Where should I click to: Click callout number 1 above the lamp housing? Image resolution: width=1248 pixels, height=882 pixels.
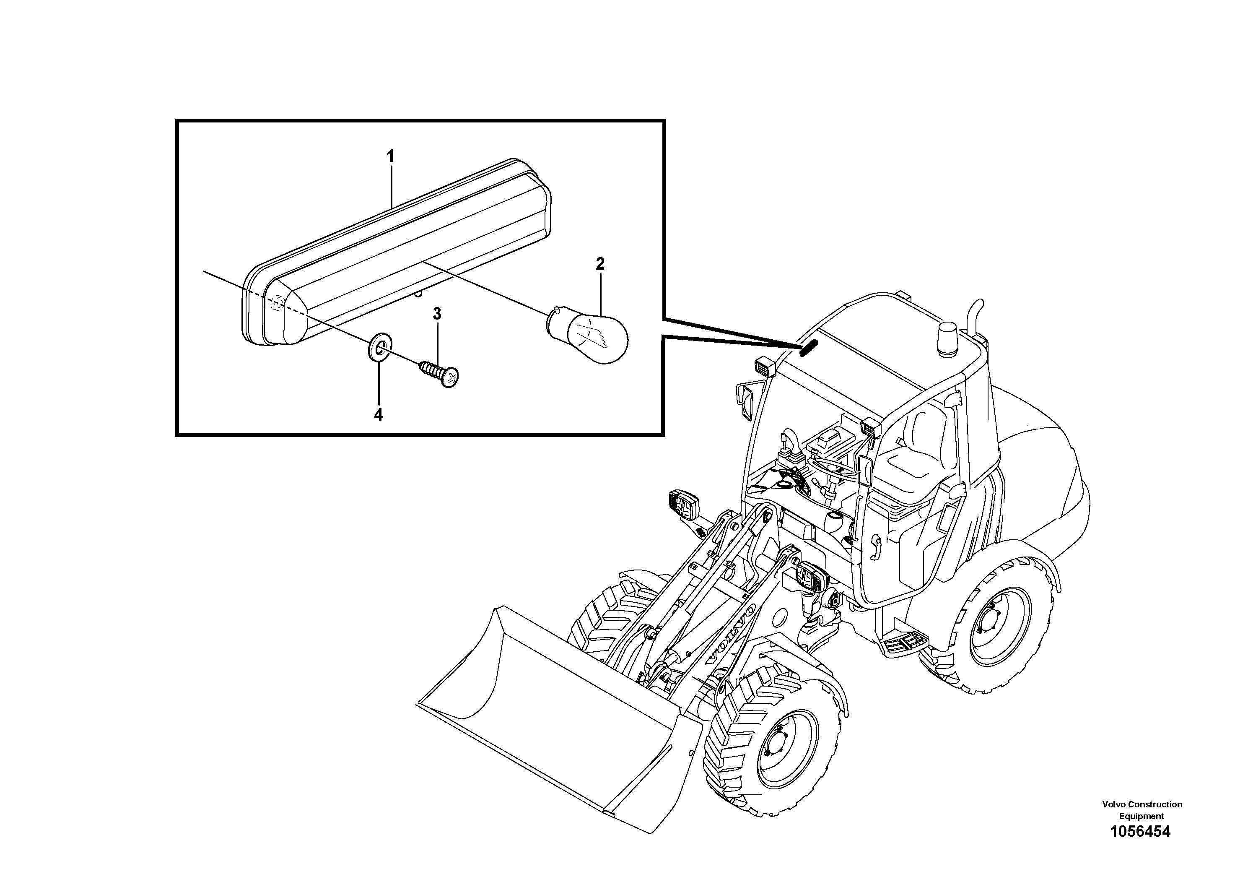click(390, 156)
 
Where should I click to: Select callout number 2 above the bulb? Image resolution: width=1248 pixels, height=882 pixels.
click(599, 264)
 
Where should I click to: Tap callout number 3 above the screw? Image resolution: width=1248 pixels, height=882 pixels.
click(436, 314)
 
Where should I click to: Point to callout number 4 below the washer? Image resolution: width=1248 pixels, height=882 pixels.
click(378, 415)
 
